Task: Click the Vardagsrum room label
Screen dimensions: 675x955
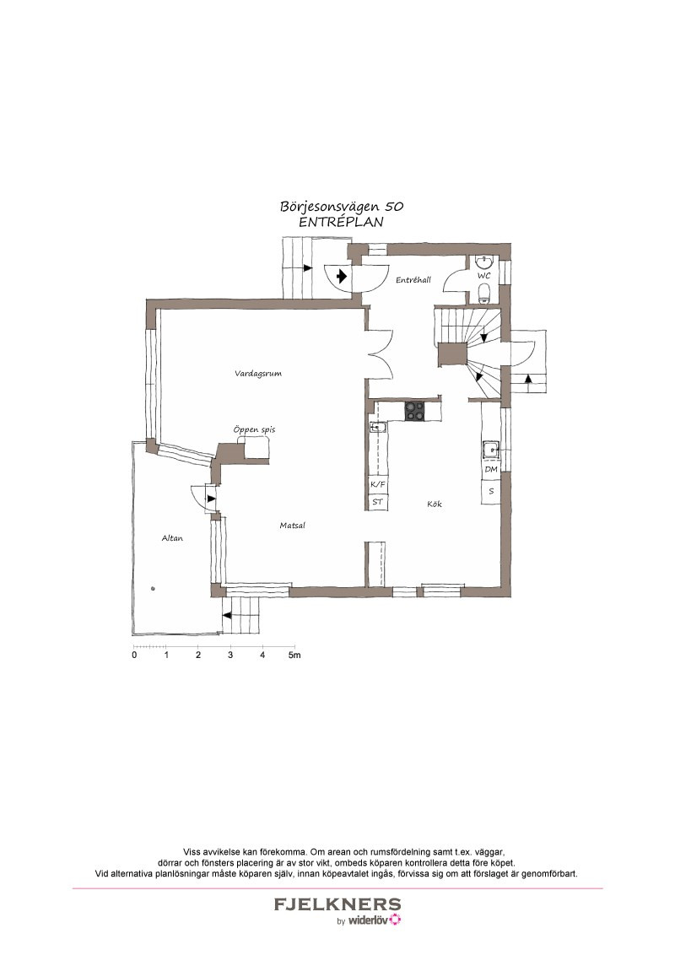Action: point(258,374)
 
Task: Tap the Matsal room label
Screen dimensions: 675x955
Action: point(293,525)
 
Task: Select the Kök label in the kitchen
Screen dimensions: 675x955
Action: point(435,504)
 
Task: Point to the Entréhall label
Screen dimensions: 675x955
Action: point(413,280)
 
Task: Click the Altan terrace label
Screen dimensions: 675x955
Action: point(172,537)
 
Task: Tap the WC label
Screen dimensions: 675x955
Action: point(483,275)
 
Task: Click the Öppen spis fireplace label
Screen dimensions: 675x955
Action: point(254,429)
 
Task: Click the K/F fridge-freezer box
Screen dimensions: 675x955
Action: point(378,484)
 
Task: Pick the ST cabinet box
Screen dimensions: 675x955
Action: point(378,501)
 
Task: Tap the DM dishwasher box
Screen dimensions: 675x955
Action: point(491,470)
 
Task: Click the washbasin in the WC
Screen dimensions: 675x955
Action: point(484,262)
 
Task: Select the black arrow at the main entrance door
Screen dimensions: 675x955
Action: point(341,275)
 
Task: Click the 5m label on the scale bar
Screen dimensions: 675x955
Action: point(294,656)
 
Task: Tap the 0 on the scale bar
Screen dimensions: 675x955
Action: point(134,656)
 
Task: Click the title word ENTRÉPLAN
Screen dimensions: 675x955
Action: point(341,223)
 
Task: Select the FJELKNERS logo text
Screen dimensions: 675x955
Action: point(337,904)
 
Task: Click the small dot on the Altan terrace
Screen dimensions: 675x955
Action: point(153,588)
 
